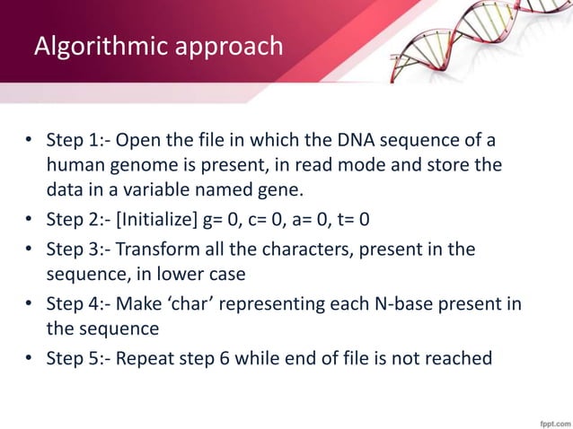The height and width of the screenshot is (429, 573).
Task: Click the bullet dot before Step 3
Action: click(29, 250)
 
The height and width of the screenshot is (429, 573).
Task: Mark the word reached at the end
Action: click(461, 358)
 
